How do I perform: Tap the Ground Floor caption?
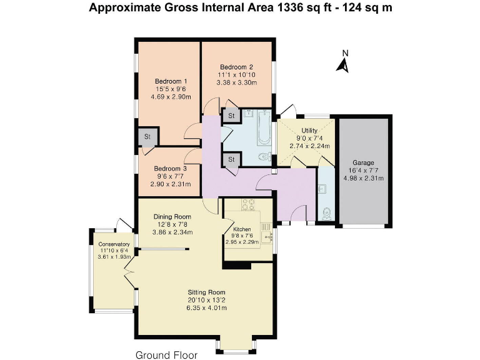166,355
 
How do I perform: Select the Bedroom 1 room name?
171,81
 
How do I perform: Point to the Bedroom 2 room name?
236,67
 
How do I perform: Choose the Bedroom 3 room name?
170,168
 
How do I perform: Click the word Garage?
363,162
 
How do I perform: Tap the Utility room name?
309,131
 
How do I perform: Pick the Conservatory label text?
114,244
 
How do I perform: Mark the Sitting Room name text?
207,292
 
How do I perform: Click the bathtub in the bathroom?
264,127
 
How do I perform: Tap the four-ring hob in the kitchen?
248,204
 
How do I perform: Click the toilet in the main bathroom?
264,157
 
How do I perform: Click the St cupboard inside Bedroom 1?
147,136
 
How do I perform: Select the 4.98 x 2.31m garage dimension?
363,178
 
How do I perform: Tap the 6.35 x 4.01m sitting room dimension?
207,307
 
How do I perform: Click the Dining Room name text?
172,217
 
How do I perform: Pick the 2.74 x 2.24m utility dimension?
309,146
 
